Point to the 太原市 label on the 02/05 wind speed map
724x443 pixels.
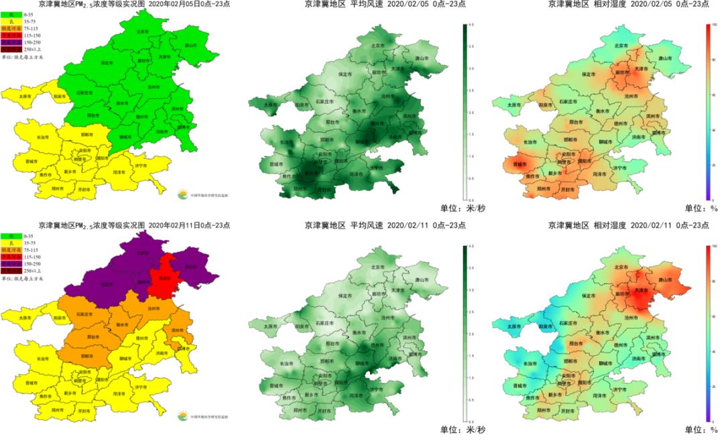(270, 105)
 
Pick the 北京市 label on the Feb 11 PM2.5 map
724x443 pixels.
(141, 253)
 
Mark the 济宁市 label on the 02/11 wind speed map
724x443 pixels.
(375, 389)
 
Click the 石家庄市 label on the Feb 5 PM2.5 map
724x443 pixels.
(84, 92)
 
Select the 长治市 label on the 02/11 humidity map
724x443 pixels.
(529, 364)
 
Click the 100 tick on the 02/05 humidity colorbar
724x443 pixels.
(715, 25)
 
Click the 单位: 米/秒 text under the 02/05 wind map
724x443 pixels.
(463, 208)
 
